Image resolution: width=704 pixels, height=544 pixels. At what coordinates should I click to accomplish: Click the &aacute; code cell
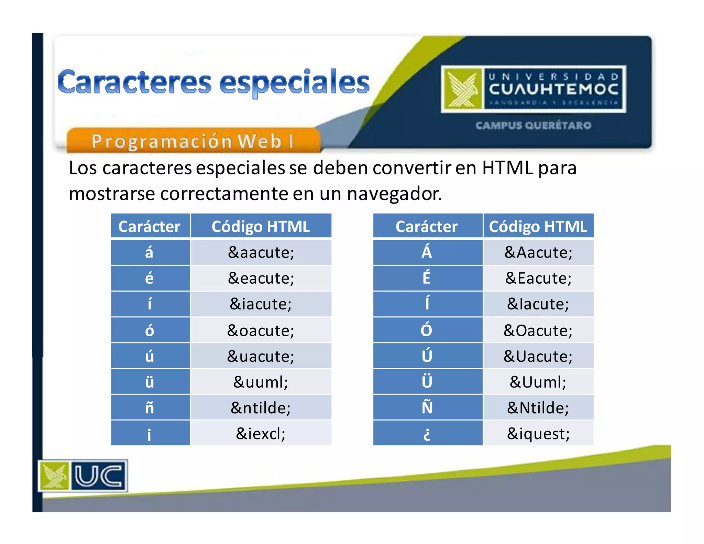[x=261, y=252]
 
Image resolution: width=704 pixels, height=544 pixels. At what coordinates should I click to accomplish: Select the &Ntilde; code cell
[x=538, y=408]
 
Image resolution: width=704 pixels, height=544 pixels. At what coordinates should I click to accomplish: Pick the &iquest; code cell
[x=538, y=434]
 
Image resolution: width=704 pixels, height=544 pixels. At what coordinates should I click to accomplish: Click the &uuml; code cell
[x=261, y=382]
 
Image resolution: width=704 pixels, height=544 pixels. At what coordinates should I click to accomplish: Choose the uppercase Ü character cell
[x=428, y=382]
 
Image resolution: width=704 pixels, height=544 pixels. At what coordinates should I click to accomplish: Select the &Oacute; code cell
[x=538, y=330]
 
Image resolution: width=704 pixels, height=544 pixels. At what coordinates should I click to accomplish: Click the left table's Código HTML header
[x=261, y=226]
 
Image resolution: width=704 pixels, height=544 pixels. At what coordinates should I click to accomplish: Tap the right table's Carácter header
[x=427, y=226]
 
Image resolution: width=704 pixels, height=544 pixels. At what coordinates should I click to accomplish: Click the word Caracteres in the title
[x=134, y=83]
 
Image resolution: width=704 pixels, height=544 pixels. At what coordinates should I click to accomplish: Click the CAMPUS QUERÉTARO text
[x=533, y=125]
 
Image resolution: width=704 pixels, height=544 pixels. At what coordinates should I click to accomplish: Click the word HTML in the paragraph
[x=507, y=168]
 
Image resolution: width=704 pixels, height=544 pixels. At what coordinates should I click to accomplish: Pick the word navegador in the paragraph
[x=394, y=194]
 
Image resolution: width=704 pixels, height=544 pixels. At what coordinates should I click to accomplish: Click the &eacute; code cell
[x=261, y=278]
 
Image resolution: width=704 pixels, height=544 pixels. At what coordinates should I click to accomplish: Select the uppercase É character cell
[x=428, y=278]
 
